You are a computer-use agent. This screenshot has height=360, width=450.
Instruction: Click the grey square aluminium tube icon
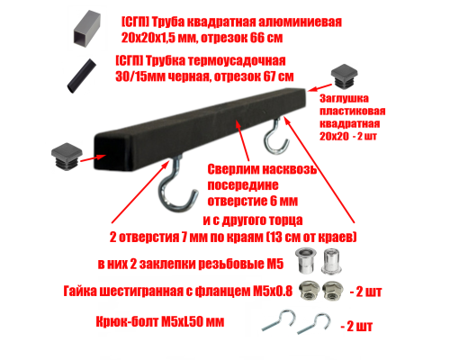86,29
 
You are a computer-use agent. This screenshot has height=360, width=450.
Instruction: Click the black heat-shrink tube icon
81,76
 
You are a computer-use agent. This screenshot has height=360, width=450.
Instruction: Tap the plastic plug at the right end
344,76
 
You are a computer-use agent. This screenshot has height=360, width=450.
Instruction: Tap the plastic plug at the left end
67,157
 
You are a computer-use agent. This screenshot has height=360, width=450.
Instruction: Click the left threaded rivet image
304,260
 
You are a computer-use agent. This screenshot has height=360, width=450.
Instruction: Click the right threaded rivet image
331,261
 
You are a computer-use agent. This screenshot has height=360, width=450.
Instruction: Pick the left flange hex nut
309,291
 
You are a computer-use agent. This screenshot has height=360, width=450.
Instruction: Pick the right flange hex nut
332,291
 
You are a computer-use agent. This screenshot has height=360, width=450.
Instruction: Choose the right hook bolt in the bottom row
314,324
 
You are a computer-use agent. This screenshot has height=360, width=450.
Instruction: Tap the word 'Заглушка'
344,98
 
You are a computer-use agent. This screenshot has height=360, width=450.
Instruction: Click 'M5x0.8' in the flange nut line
273,291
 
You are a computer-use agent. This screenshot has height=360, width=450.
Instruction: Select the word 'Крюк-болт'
127,322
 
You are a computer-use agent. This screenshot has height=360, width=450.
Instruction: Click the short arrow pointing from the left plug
93,158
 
